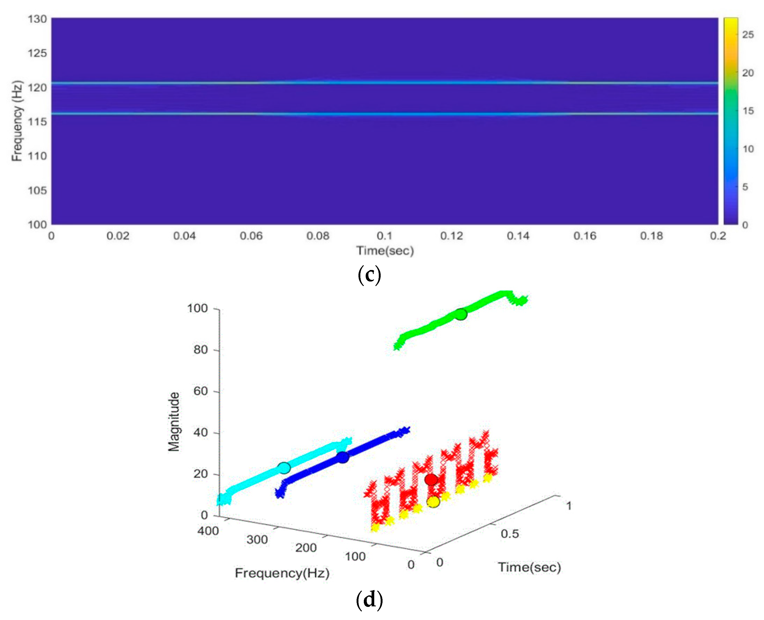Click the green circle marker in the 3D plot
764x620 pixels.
461,314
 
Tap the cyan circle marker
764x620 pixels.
284,467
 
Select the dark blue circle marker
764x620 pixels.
343,457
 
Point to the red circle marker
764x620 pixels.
431,480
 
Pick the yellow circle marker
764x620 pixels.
433,502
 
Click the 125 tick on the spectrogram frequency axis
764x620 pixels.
37,53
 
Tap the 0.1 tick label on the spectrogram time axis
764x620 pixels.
384,236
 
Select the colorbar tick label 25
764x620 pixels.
748,35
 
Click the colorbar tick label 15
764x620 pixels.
748,111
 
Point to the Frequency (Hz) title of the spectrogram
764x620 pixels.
17,121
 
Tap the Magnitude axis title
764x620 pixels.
174,422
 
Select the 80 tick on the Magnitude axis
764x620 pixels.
200,350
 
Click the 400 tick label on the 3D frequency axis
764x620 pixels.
208,531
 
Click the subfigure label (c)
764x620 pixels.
369,275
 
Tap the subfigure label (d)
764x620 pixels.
369,600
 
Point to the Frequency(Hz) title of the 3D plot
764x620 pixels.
282,573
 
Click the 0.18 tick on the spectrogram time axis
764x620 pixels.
651,236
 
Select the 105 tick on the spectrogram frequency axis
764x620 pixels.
37,190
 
